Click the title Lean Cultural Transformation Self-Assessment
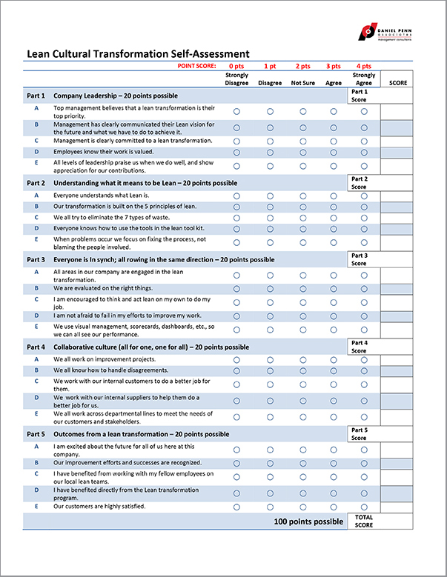point(138,53)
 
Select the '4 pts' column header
point(363,66)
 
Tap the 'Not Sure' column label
point(302,83)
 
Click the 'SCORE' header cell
point(397,83)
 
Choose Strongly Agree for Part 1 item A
point(364,111)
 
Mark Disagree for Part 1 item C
point(270,141)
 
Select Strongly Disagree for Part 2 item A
point(236,196)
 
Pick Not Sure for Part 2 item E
point(302,242)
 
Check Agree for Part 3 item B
point(334,288)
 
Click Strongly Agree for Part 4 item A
point(364,360)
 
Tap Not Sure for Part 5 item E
point(302,507)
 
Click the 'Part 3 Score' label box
point(359,259)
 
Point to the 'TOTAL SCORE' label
point(363,521)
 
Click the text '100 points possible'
point(308,522)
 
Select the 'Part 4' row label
point(36,347)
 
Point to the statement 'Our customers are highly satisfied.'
point(99,507)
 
